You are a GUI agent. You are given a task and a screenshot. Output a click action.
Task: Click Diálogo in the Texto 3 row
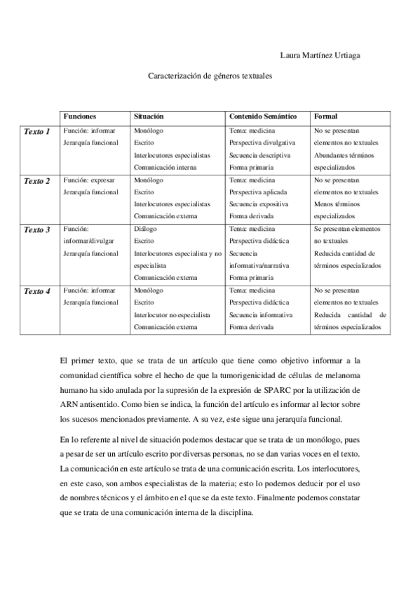145,229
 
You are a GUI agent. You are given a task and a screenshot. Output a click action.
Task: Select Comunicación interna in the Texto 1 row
165,167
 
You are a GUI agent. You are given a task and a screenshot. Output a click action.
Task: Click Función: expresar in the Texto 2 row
89,180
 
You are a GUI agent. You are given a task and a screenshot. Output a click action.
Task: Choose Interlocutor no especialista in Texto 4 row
172,314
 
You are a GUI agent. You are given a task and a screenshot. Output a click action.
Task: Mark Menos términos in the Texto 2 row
337,204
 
